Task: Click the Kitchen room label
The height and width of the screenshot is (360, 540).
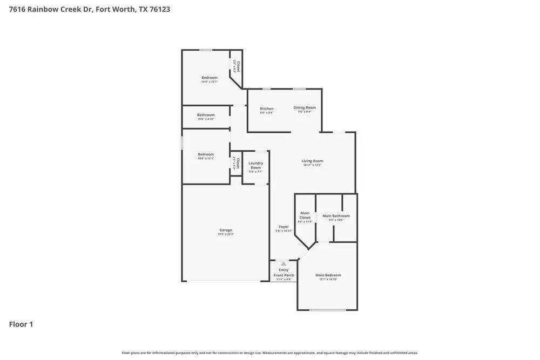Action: click(266, 108)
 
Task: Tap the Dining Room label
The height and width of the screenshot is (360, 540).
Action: click(305, 107)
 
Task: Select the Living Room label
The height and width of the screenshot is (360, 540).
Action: click(312, 161)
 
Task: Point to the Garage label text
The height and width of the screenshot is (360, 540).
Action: click(225, 230)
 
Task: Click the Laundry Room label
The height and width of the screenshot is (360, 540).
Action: click(255, 165)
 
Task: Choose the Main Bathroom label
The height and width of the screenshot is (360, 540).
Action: click(336, 216)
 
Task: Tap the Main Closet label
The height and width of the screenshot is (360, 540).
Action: click(305, 215)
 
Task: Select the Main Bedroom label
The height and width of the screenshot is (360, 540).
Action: click(328, 275)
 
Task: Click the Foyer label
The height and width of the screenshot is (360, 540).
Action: click(283, 227)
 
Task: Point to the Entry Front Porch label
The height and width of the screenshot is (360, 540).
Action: click(283, 273)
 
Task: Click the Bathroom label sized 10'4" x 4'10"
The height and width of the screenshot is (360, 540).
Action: click(206, 115)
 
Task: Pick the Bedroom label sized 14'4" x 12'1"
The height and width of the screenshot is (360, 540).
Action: click(210, 78)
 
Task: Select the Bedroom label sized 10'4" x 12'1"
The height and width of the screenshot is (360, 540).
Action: click(206, 154)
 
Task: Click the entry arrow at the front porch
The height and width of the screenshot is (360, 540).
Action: click(283, 263)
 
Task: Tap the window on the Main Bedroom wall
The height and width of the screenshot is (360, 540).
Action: click(328, 310)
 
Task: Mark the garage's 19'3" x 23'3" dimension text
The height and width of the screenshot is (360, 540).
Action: click(225, 234)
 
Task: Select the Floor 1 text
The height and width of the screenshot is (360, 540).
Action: click(21, 324)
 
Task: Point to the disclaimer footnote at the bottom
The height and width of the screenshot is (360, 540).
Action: click(269, 352)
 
